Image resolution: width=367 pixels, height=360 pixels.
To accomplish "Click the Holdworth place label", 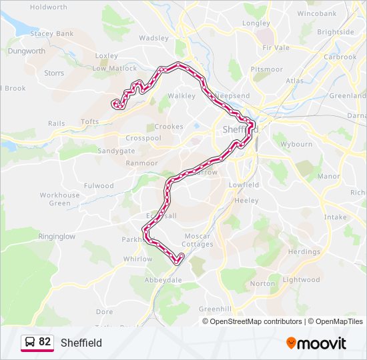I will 49,7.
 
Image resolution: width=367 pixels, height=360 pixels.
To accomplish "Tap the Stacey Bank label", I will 51,33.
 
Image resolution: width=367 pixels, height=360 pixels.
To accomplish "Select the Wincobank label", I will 317,13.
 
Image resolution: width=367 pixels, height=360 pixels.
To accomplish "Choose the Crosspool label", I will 143,138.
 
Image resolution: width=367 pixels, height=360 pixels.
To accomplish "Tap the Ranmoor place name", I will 141,163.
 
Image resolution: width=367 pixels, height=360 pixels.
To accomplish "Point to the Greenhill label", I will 215,309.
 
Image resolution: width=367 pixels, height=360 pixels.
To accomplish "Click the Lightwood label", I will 301,280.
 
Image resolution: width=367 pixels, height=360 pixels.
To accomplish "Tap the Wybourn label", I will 296,144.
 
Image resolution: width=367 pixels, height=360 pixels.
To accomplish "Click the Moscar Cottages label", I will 198,240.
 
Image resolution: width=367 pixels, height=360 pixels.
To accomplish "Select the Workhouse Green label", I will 59,199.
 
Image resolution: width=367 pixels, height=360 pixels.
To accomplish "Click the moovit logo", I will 316,343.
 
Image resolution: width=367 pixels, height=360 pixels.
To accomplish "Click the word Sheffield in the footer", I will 81,343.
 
